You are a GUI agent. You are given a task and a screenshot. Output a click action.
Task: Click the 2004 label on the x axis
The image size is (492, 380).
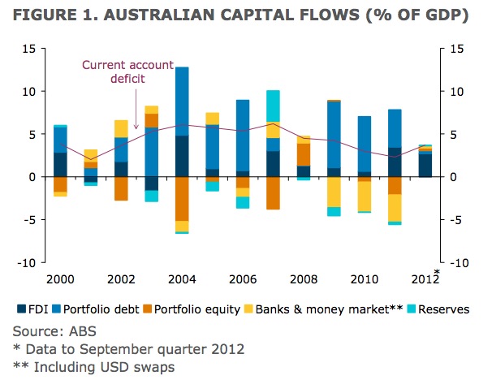[x=182, y=279]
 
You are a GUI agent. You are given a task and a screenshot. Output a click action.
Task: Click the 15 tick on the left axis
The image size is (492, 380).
[x=28, y=49]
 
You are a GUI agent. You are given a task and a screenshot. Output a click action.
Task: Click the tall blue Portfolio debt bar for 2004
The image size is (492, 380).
[x=182, y=101]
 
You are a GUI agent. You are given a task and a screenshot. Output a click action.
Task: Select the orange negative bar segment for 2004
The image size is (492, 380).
[x=182, y=198]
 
